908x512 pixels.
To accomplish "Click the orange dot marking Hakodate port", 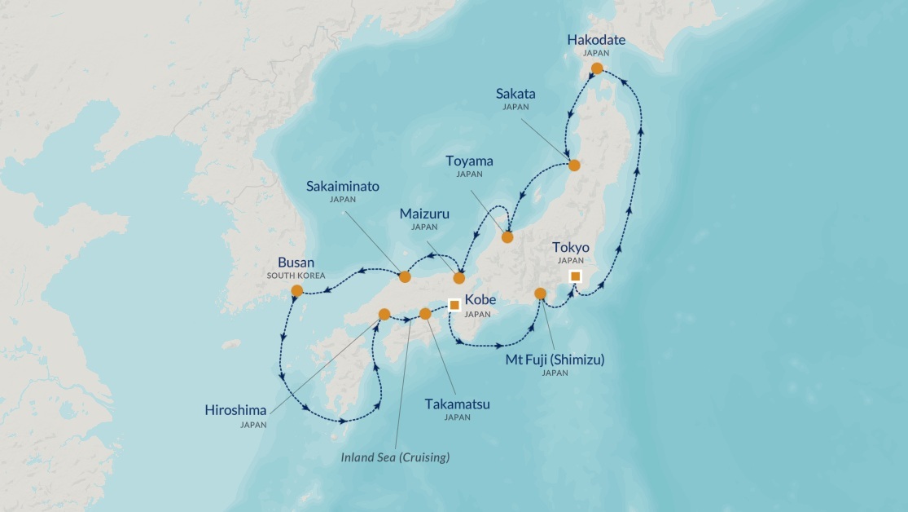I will [597, 68].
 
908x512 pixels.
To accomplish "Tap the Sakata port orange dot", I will [574, 166].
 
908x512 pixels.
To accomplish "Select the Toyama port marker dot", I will [507, 237].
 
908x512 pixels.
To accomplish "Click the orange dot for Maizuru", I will [459, 278].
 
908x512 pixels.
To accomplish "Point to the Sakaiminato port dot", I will [405, 276].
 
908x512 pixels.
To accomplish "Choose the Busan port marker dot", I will [297, 290].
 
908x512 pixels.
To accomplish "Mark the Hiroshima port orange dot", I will [384, 314].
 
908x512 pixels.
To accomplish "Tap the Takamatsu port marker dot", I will [424, 313].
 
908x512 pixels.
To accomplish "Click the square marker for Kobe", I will [454, 305].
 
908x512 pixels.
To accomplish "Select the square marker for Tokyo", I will [576, 276].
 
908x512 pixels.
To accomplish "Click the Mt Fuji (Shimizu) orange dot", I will [540, 294].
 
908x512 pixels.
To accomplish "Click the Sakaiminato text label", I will [343, 186].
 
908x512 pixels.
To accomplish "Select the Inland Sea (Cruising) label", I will [395, 457].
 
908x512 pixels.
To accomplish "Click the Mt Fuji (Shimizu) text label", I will [555, 359].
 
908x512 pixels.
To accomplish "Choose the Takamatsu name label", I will [457, 403].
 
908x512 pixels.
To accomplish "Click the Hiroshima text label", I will [235, 410].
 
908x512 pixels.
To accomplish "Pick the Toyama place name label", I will [469, 161].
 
